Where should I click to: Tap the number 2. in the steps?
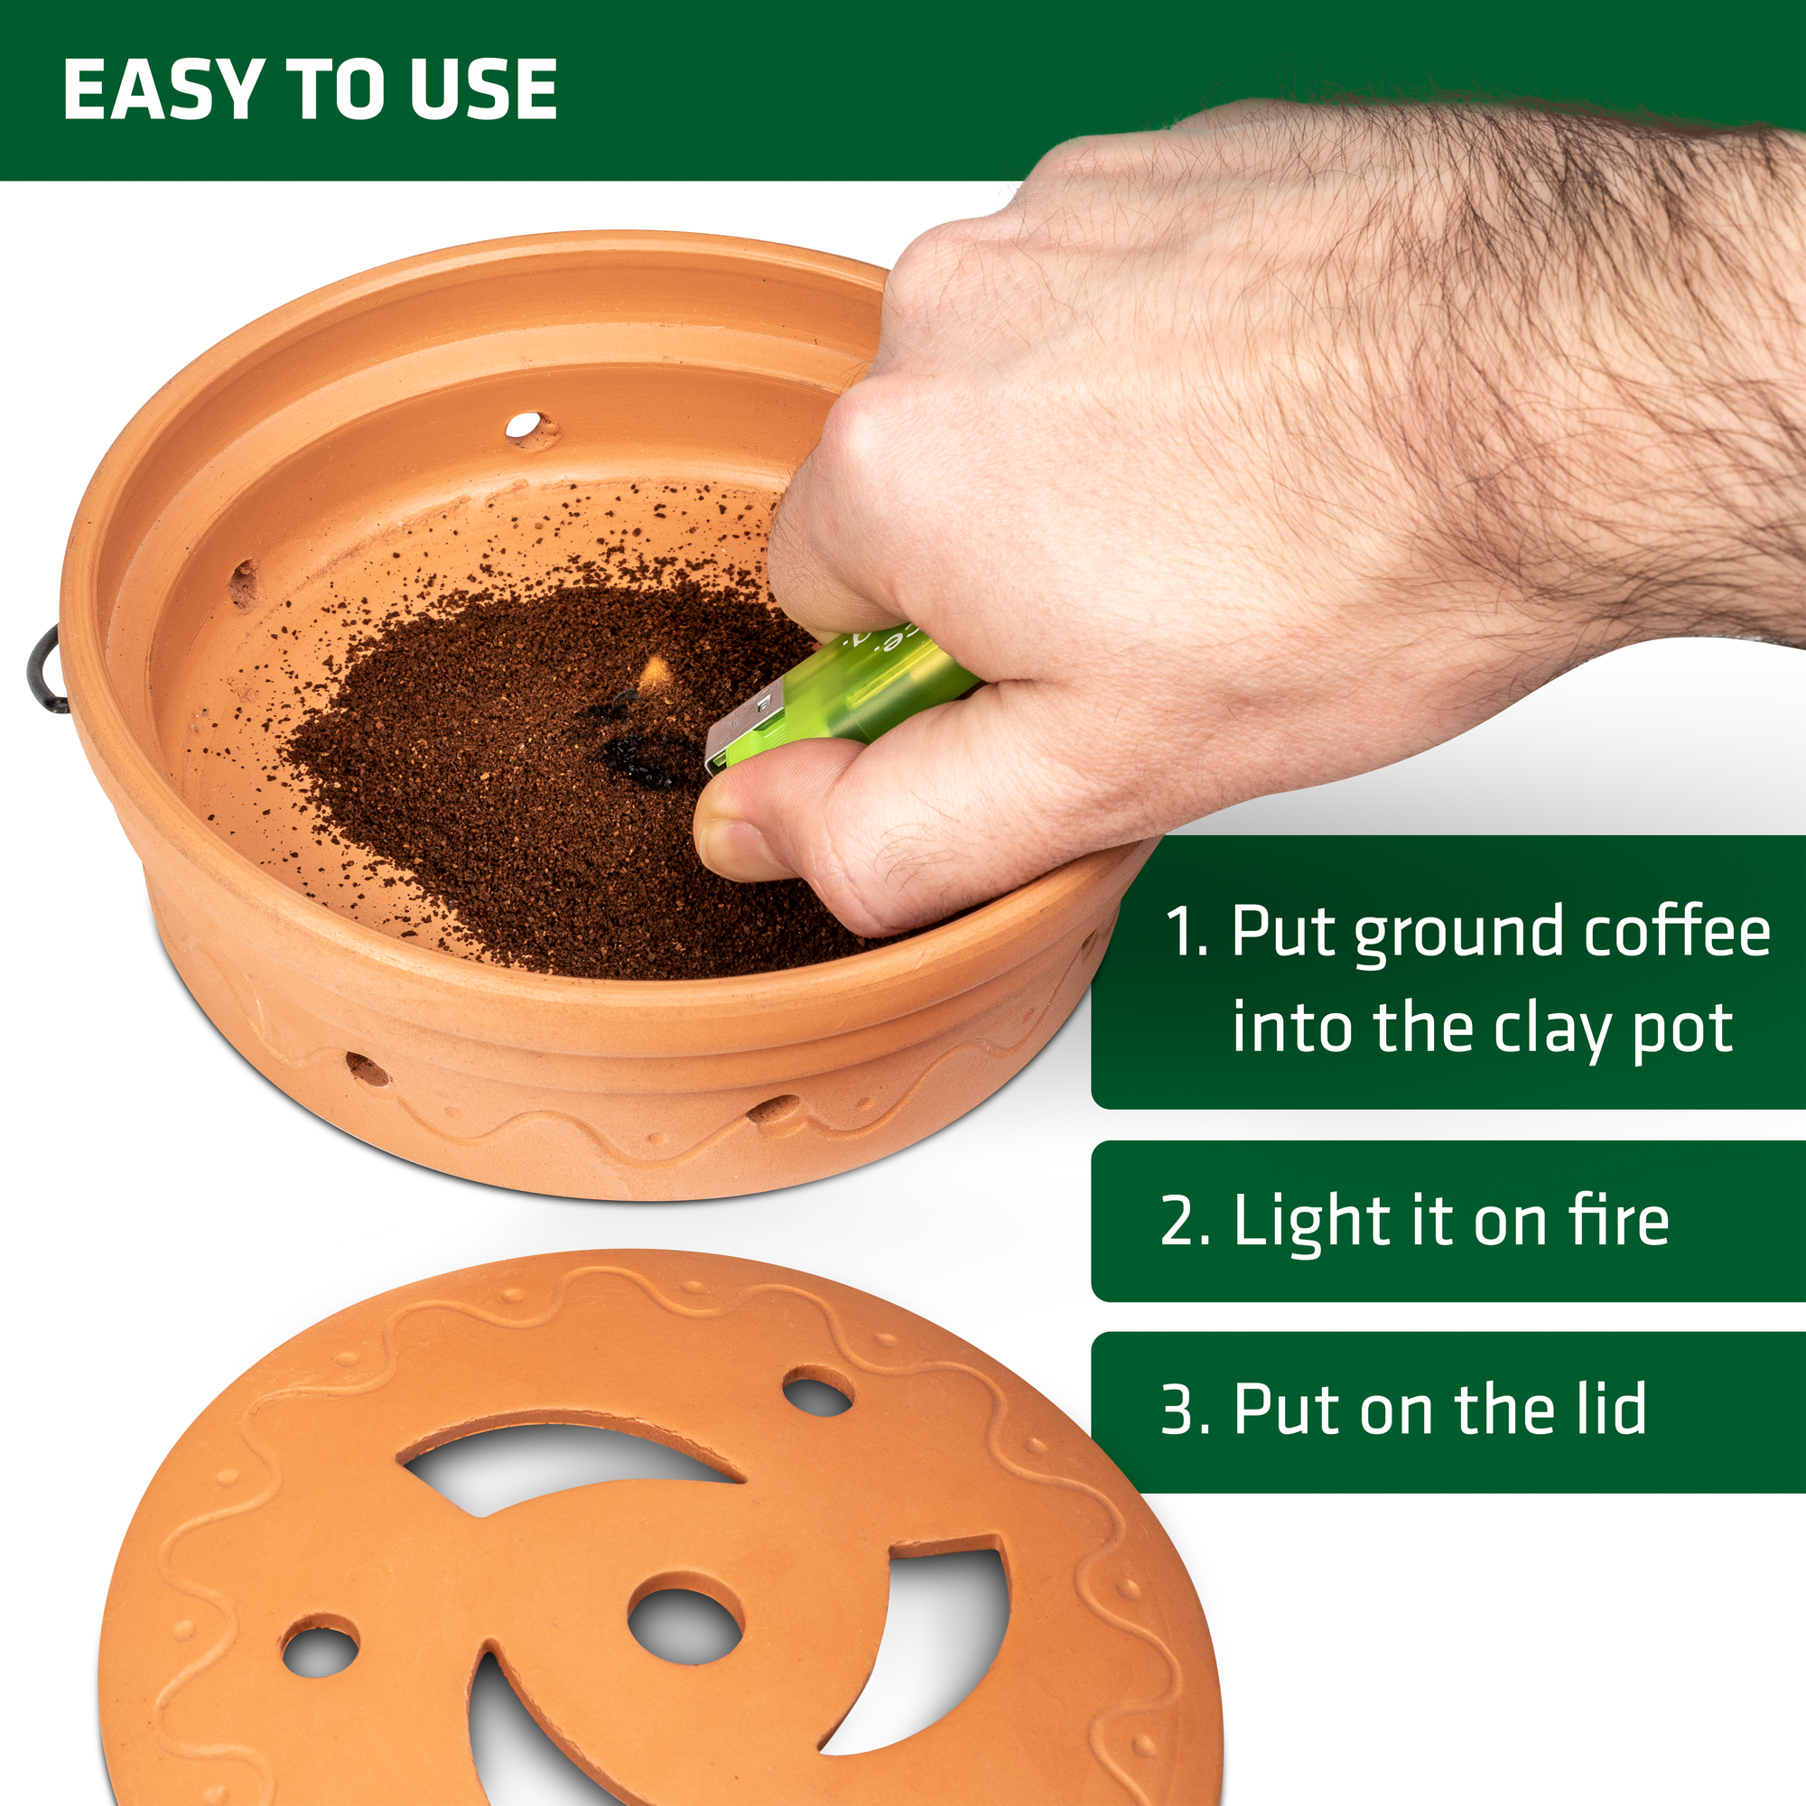point(1186,1221)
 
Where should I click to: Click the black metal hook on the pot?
point(45,668)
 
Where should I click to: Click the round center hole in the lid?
point(686,1625)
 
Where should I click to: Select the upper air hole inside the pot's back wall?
point(531,429)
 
